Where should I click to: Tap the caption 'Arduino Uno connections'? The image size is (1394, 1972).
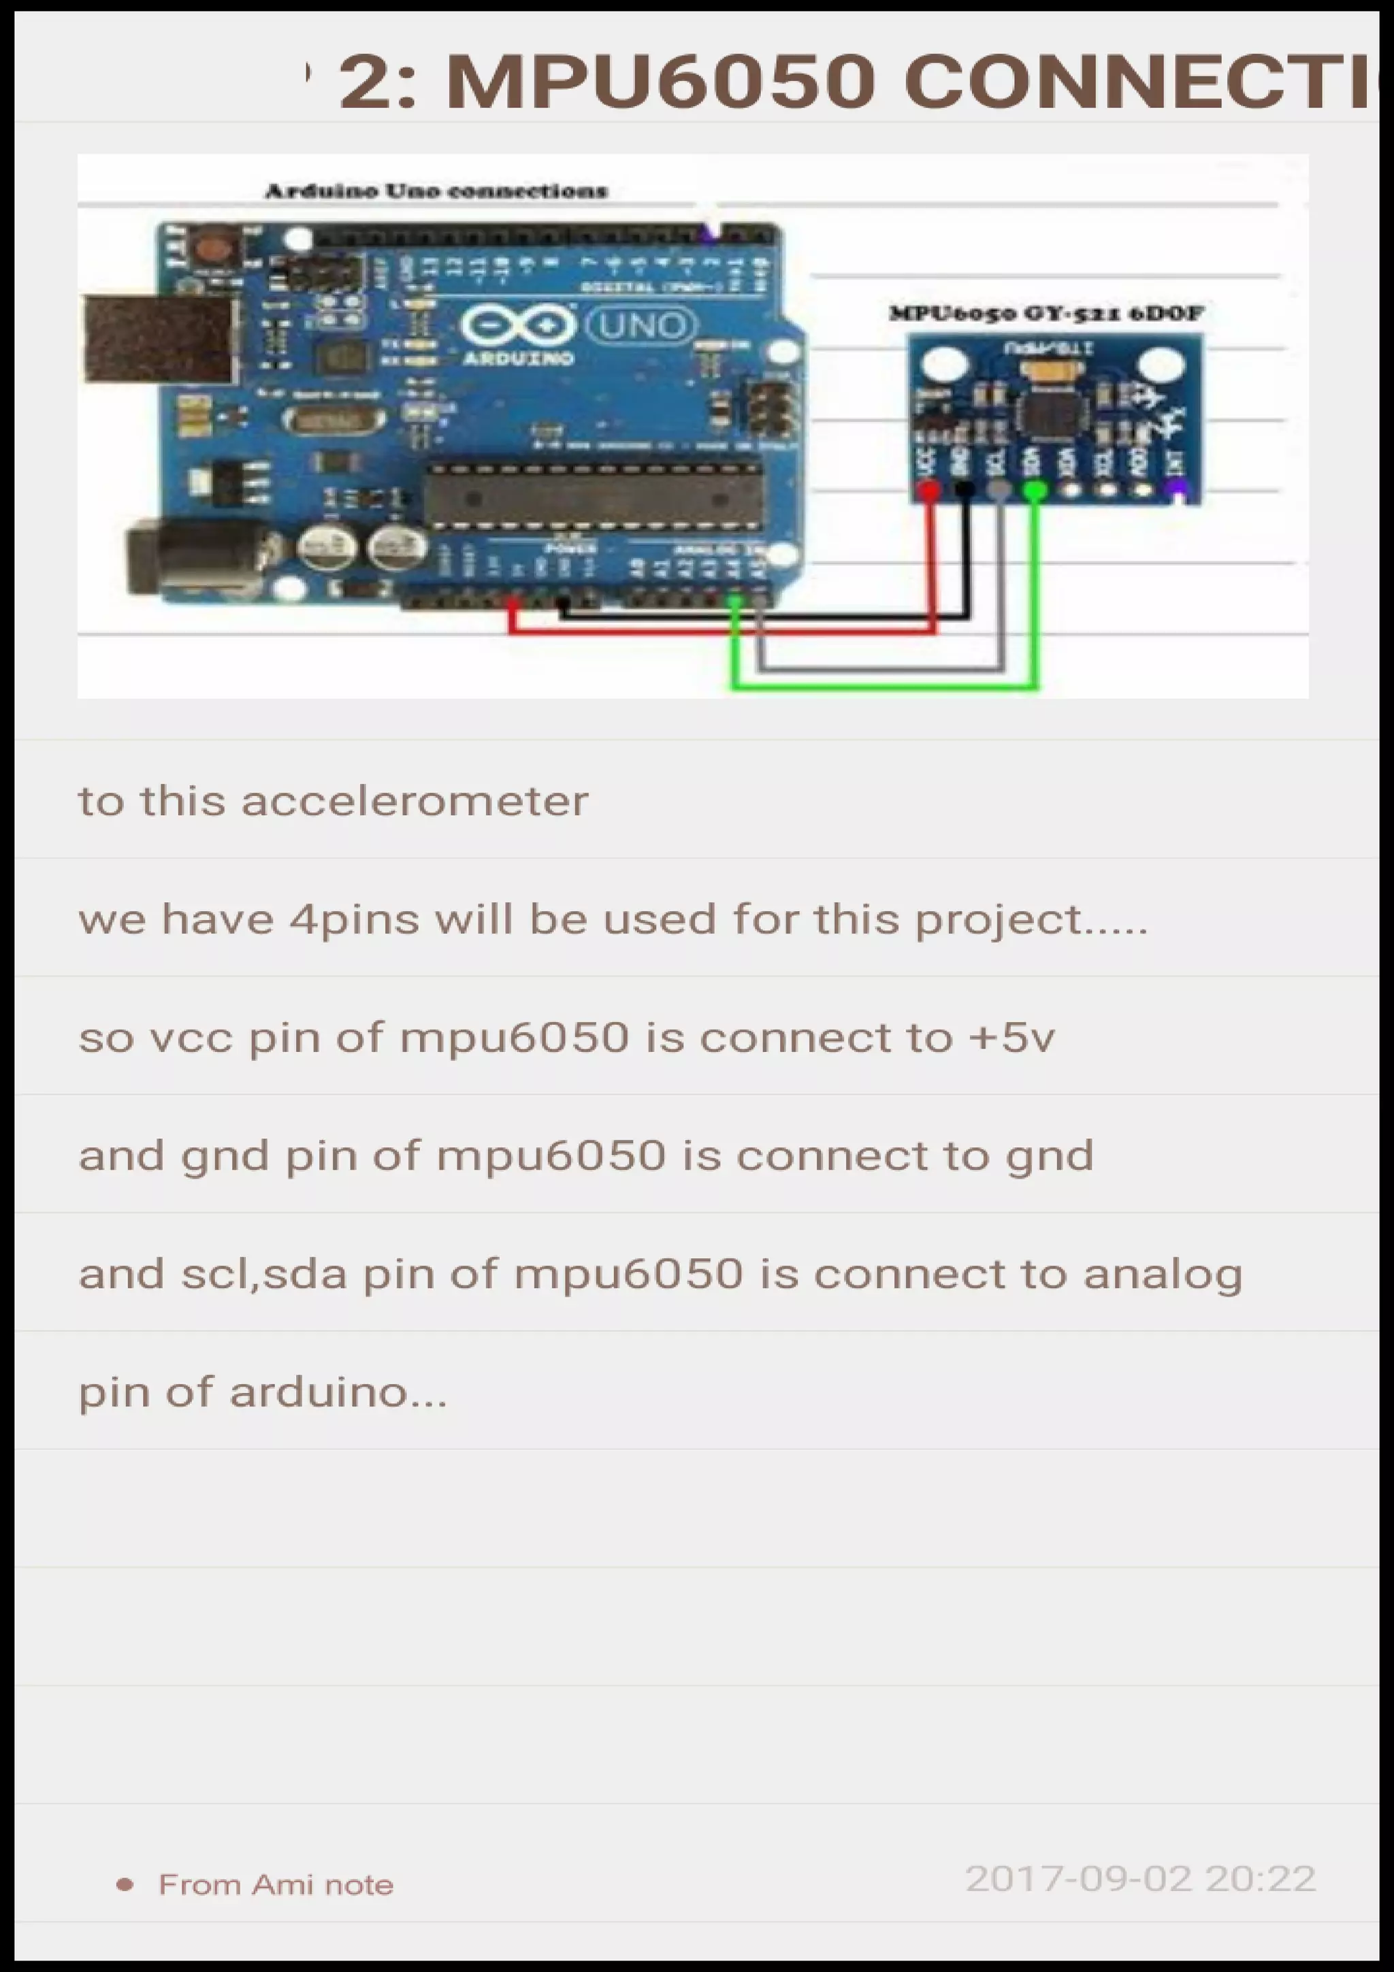click(x=436, y=191)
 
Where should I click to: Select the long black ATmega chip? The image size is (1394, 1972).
click(x=593, y=498)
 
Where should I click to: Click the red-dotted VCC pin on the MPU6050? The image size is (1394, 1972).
click(x=928, y=491)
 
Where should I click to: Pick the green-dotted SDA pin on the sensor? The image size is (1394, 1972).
click(x=1035, y=491)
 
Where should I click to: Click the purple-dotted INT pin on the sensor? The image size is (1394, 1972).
click(x=1178, y=491)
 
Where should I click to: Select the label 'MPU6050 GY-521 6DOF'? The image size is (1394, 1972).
click(x=1045, y=314)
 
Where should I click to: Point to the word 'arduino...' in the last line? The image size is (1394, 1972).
click(x=338, y=1392)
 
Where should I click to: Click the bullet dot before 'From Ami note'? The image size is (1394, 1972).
click(x=125, y=1886)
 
